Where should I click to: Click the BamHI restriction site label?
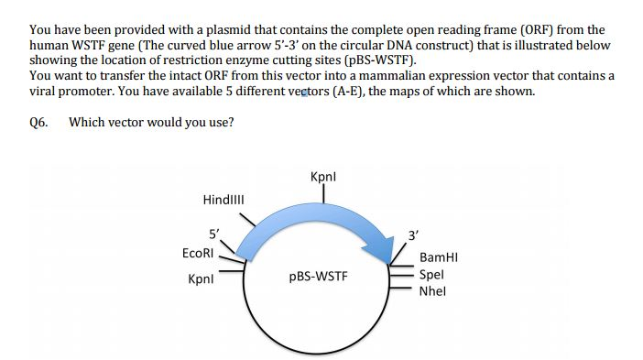tap(438, 259)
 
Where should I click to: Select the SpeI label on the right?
tap(430, 275)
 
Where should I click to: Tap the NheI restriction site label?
tap(431, 291)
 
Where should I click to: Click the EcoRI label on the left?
tap(198, 252)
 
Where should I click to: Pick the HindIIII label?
tap(223, 200)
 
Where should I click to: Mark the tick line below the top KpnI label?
tap(324, 193)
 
